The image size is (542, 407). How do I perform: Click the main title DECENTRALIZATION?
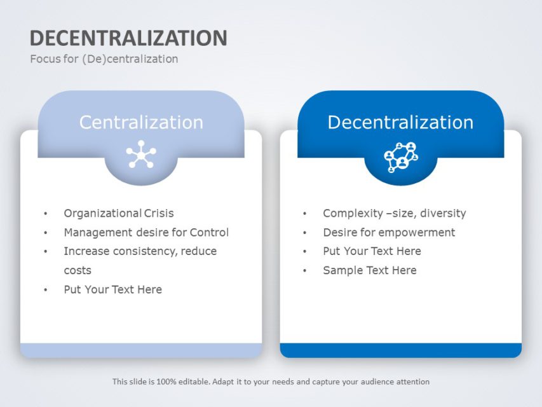point(128,38)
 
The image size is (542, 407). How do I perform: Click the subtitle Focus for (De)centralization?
point(104,59)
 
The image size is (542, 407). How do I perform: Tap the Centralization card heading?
point(141,122)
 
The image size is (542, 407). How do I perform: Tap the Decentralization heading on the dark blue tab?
point(400,122)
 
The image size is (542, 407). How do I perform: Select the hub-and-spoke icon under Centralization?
point(140,155)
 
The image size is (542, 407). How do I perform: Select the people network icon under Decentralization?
point(400,156)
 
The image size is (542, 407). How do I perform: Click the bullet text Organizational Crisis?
point(118,214)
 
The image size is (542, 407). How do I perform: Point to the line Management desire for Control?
point(146,233)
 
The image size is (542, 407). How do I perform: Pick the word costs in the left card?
point(78,270)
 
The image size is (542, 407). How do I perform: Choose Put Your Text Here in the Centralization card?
point(112,290)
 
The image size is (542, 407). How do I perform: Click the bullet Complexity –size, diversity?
point(394,214)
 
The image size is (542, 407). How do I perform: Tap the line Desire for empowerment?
point(389,233)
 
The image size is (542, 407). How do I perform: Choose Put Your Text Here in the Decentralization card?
point(372,252)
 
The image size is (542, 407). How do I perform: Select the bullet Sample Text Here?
point(369,271)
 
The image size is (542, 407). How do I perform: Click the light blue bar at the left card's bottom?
point(140,350)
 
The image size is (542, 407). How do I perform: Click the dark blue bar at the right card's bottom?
point(400,350)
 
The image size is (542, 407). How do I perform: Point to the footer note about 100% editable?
point(271,382)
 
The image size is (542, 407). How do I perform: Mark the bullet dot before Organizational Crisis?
point(45,214)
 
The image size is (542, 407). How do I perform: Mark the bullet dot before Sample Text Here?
point(305,272)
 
